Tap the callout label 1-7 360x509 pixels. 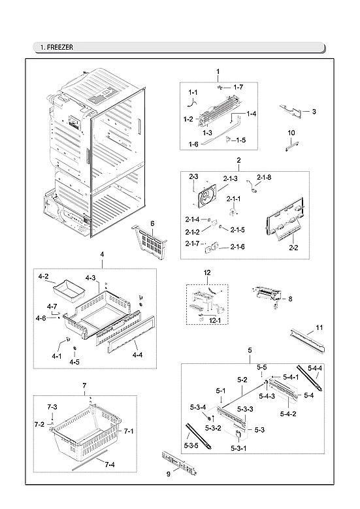pyautogui.click(x=238, y=87)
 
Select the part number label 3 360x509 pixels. pyautogui.click(x=314, y=112)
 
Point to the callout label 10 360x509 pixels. pyautogui.click(x=291, y=133)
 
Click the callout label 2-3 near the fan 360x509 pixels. pyautogui.click(x=193, y=176)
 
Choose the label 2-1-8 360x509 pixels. pyautogui.click(x=263, y=177)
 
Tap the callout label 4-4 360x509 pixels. pyautogui.click(x=137, y=356)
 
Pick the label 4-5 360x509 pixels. pyautogui.click(x=76, y=362)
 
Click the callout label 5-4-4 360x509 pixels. pyautogui.click(x=316, y=369)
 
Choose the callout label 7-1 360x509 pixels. pyautogui.click(x=128, y=431)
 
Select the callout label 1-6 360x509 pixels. pyautogui.click(x=193, y=144)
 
